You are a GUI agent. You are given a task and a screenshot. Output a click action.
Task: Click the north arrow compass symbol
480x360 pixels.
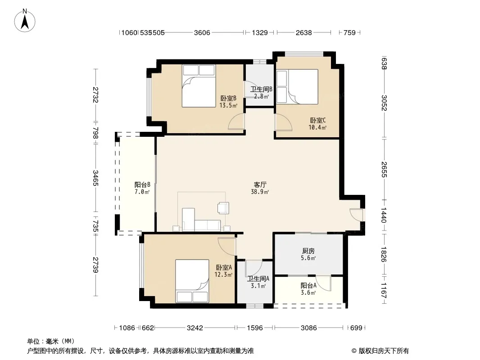(25, 21)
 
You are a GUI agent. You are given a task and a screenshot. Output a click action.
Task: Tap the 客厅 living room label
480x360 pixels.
(260, 185)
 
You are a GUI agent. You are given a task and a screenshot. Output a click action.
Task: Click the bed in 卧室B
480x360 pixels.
(199, 86)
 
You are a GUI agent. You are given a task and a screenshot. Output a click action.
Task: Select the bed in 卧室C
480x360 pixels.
(297, 87)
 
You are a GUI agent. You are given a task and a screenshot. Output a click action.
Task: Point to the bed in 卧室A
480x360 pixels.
(192, 281)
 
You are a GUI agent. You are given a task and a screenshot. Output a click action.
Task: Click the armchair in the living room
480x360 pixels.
(223, 208)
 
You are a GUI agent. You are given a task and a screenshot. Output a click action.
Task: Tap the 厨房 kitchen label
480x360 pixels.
(308, 251)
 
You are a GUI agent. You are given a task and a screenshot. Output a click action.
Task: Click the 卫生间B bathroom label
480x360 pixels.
(261, 89)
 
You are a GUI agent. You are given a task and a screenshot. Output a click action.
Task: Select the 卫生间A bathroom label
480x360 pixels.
(258, 279)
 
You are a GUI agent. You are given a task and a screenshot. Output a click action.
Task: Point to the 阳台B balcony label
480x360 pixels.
(142, 185)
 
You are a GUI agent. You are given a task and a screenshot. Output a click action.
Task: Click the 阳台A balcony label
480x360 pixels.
(308, 286)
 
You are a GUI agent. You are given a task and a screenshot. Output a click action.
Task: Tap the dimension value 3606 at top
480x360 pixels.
(202, 32)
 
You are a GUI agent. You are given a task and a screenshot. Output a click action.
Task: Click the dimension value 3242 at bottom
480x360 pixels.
(195, 328)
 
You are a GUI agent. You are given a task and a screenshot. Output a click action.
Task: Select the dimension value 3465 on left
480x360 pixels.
(95, 178)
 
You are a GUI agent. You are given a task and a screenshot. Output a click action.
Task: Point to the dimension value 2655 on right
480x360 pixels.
(384, 170)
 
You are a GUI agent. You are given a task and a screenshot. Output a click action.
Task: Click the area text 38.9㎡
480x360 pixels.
(260, 192)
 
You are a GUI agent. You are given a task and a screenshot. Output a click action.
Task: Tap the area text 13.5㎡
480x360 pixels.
(228, 105)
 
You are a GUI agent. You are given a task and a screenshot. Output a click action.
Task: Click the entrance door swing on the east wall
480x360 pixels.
(356, 215)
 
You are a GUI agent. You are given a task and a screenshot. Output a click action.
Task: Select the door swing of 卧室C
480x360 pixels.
(283, 122)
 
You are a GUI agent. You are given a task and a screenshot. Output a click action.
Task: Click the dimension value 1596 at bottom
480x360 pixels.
(255, 328)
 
